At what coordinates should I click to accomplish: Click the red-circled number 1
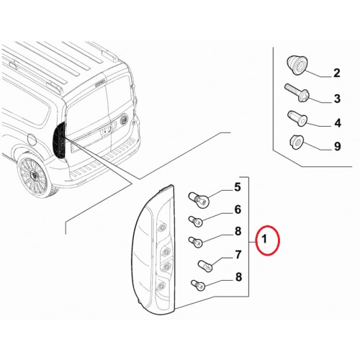pos(264,239)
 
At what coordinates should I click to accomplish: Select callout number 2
pos(337,73)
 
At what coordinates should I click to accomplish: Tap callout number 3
pos(337,99)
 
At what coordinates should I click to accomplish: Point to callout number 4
pos(338,123)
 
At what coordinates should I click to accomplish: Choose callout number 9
pos(338,146)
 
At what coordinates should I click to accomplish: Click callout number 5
pos(237,187)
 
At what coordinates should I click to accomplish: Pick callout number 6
pos(238,210)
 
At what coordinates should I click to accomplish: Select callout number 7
pos(238,255)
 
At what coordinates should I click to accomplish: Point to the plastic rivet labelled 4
pos(297,118)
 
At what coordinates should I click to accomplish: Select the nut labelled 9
pos(296,142)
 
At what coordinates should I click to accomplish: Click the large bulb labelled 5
pos(199,199)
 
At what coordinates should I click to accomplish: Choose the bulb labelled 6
pos(195,221)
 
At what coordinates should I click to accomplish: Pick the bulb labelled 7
pos(205,266)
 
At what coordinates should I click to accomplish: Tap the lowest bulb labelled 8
pos(198,285)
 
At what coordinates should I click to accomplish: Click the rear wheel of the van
pos(34,175)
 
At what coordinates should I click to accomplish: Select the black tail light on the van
pos(60,140)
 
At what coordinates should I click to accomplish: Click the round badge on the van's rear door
pos(124,120)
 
